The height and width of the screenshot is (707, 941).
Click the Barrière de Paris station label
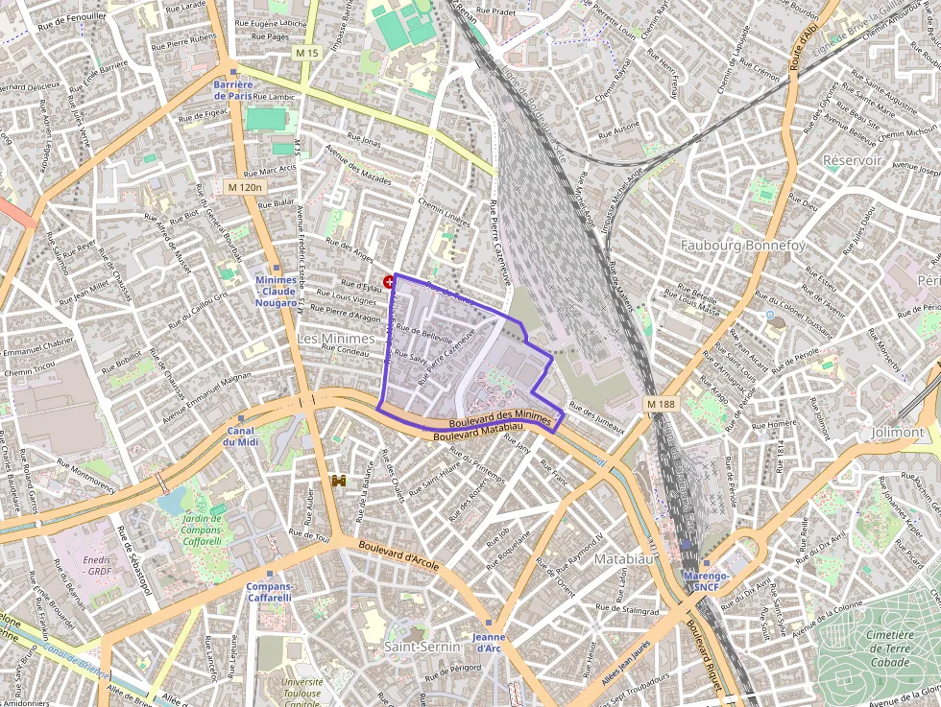(x=233, y=90)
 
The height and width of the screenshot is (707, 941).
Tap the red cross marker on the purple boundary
(x=389, y=281)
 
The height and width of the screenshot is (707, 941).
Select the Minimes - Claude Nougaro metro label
(x=276, y=291)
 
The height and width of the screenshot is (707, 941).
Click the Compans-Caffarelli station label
(x=269, y=591)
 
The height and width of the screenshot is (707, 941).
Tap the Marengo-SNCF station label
(x=706, y=579)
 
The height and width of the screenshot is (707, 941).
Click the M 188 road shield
(x=662, y=404)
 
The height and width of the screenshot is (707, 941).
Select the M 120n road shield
(x=245, y=186)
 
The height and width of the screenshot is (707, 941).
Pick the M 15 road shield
(x=306, y=53)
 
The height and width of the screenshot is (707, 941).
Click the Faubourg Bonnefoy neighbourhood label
(x=742, y=246)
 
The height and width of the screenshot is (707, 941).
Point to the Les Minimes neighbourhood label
(x=335, y=339)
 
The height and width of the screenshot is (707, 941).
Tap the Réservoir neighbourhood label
(x=852, y=160)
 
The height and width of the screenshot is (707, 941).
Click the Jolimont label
(x=897, y=433)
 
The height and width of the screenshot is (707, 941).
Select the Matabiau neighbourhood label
(x=624, y=557)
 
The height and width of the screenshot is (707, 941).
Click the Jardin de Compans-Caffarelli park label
(x=202, y=530)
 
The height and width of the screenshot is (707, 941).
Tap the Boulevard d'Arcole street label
(x=398, y=555)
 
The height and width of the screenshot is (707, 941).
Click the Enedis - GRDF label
(x=97, y=565)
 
